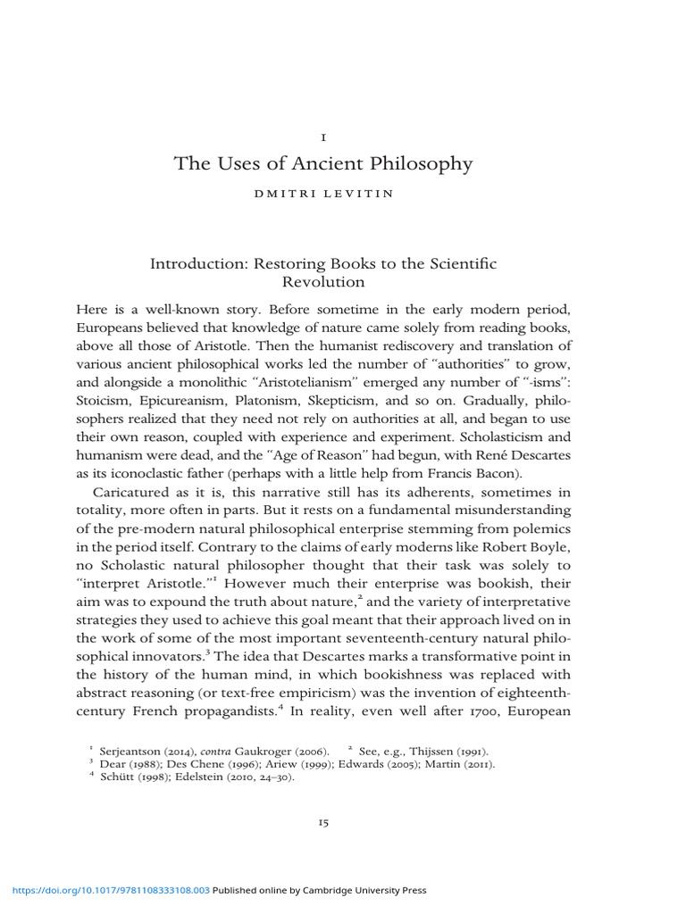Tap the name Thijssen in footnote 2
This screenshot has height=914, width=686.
(431, 753)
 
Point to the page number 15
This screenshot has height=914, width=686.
(322, 822)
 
